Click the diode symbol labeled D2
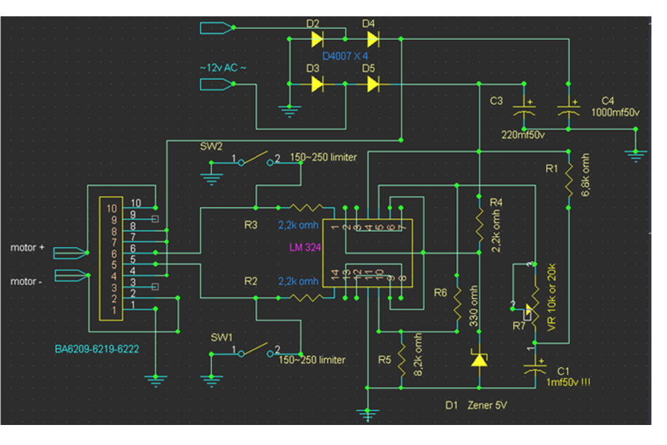(x=317, y=37)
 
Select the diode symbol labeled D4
(x=373, y=37)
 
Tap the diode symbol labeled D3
(x=317, y=84)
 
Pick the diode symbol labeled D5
(x=373, y=84)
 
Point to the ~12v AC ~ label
(x=222, y=67)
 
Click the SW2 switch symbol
(x=256, y=159)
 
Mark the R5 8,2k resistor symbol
(x=400, y=360)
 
